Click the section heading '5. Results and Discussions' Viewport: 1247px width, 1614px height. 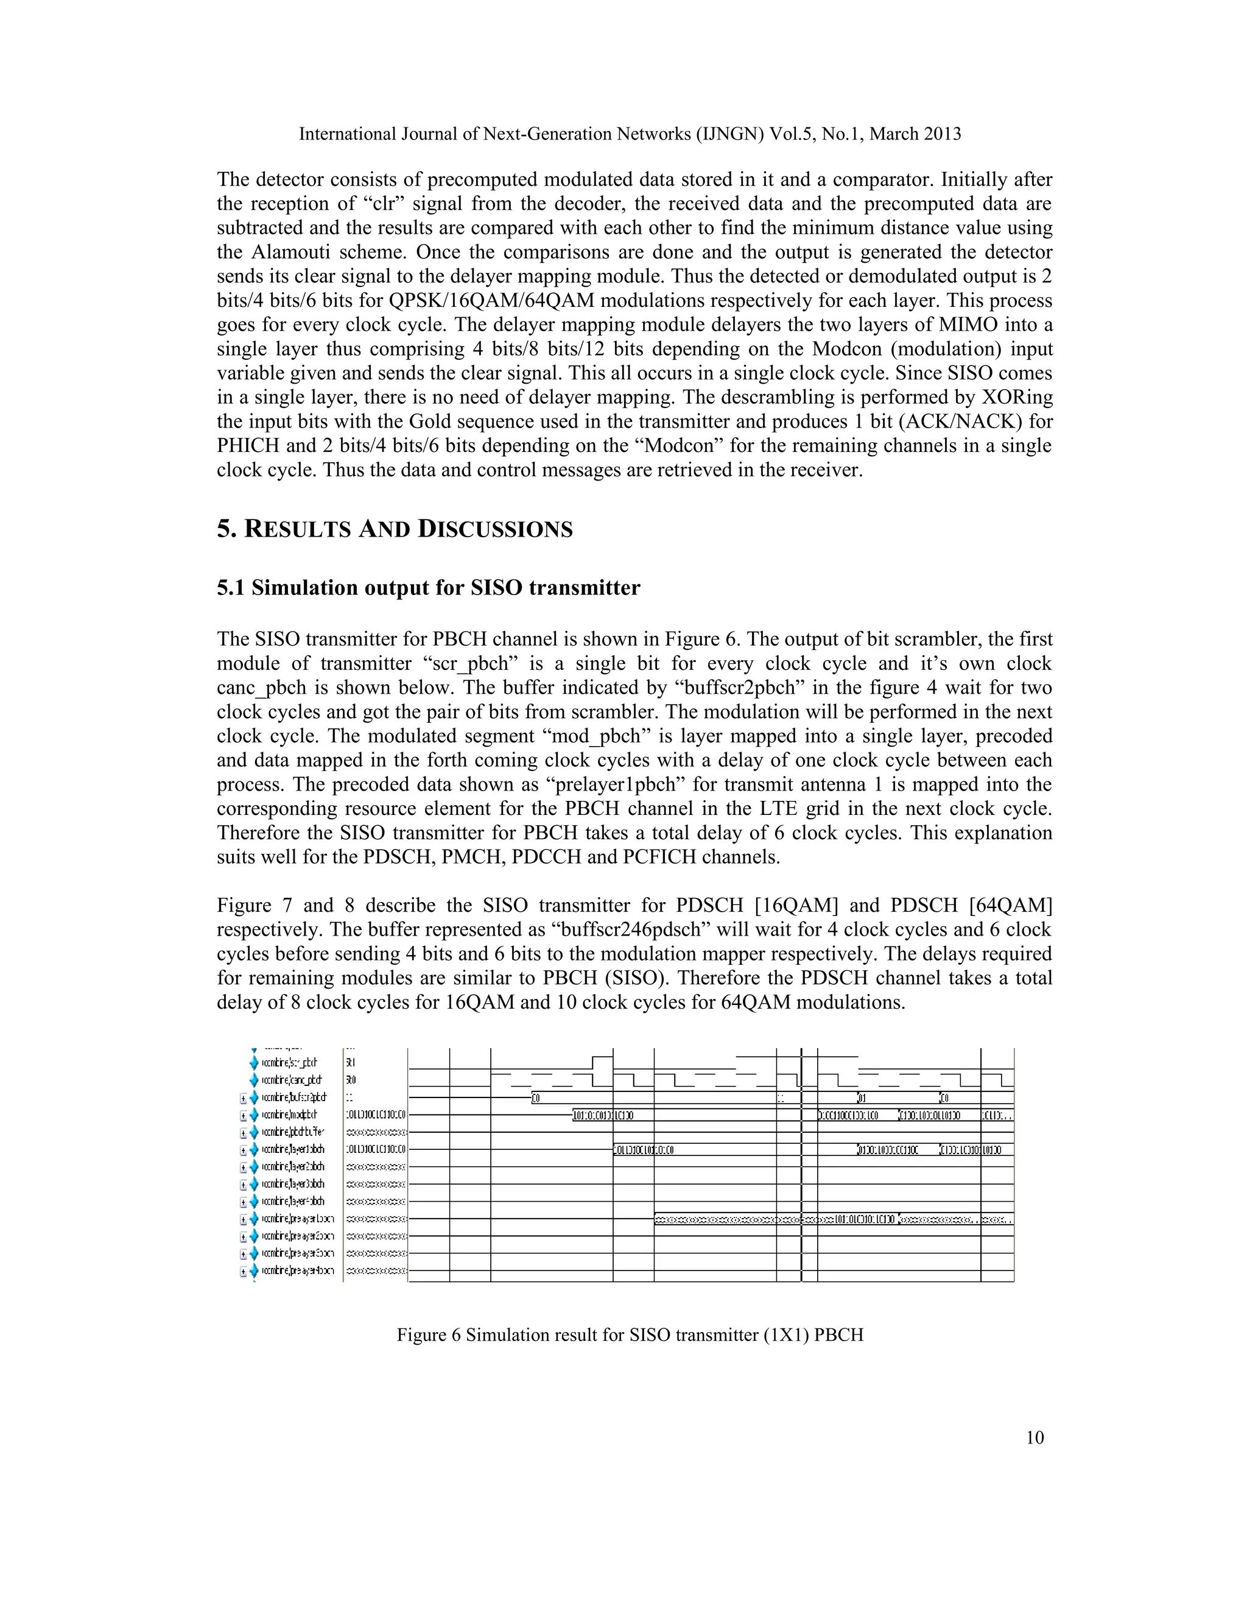[x=395, y=529]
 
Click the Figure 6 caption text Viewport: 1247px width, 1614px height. [x=630, y=1334]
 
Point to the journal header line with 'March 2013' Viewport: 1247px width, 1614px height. [x=630, y=134]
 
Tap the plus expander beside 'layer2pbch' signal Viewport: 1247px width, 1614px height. [x=243, y=1167]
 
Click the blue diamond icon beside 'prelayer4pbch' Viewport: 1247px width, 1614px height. [x=254, y=1271]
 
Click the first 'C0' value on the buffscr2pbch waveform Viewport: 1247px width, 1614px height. [x=536, y=1098]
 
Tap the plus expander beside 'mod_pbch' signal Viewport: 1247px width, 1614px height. [x=243, y=1115]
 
